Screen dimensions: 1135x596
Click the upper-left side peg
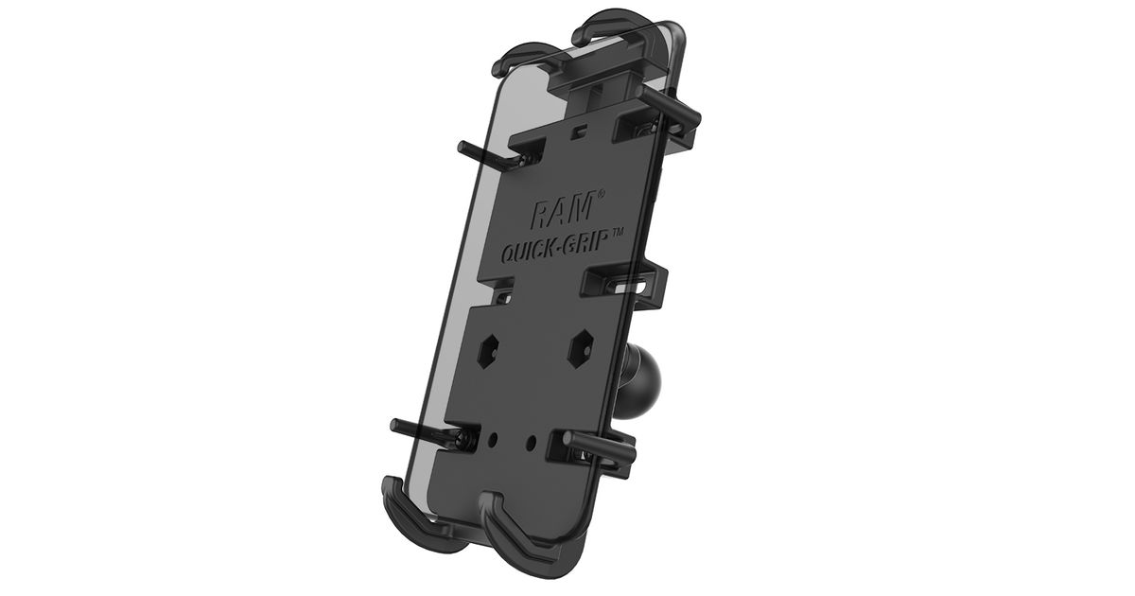tap(486, 154)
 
